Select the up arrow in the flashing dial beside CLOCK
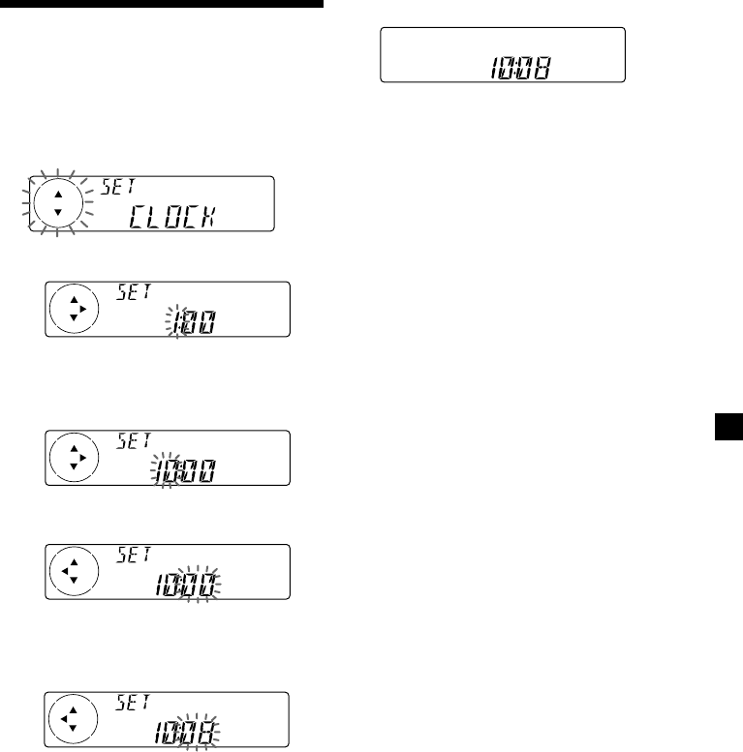[57, 192]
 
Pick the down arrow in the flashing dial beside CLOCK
[57, 212]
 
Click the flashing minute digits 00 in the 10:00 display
[202, 583]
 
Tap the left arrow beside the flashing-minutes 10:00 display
[63, 569]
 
